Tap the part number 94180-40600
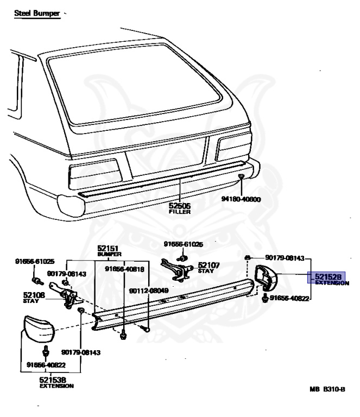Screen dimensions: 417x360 pyautogui.click(x=241, y=199)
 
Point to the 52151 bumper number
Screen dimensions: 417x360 pyautogui.click(x=109, y=248)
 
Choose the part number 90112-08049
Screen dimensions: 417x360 pyautogui.click(x=148, y=290)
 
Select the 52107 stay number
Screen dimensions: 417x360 pyautogui.click(x=209, y=266)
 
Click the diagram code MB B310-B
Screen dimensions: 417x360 pyautogui.click(x=327, y=389)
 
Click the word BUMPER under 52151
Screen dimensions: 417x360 pyautogui.click(x=109, y=254)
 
